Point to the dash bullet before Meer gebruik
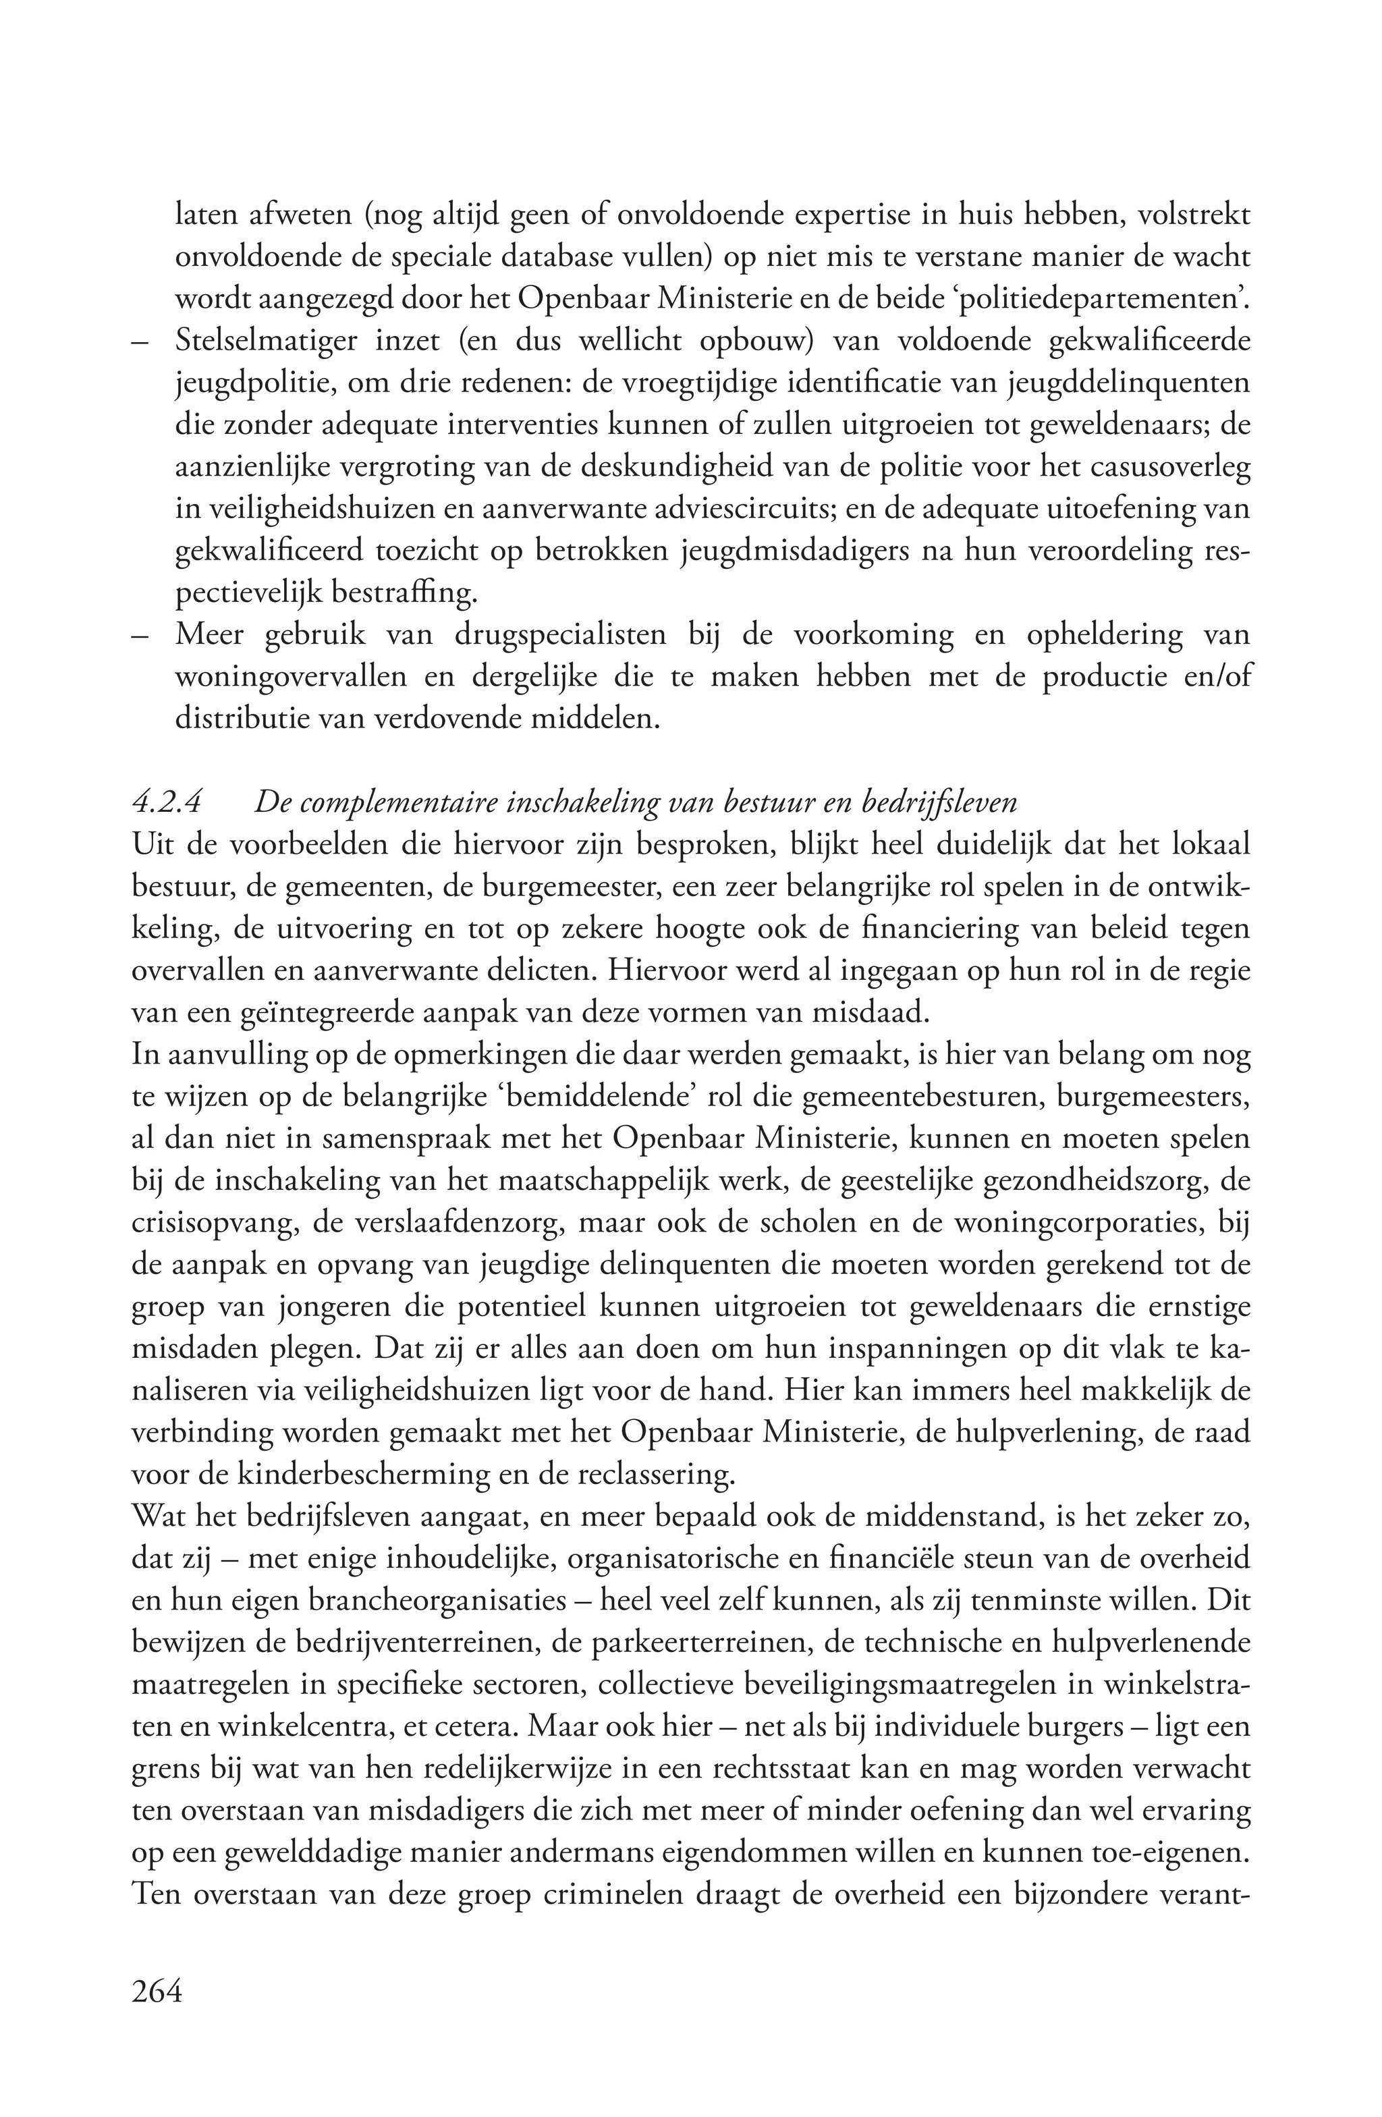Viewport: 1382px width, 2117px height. tap(140, 636)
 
